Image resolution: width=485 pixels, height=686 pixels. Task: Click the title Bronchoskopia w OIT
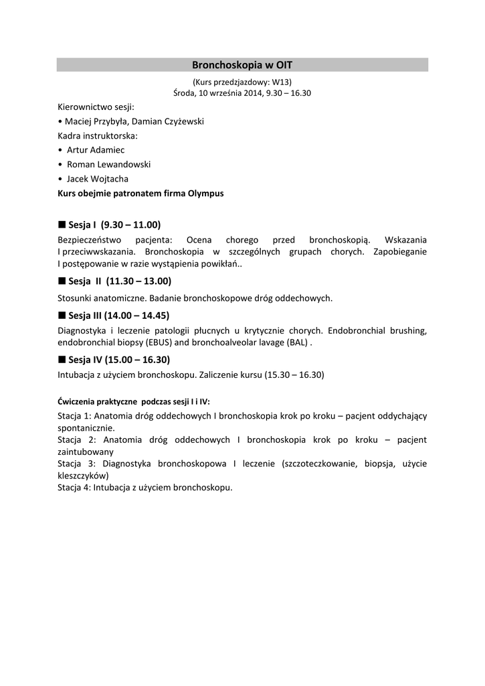(242, 65)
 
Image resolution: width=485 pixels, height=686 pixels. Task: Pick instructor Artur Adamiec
(96, 150)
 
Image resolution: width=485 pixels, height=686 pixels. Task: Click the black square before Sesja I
(62, 224)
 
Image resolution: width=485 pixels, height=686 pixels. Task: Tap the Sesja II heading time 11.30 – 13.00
(138, 281)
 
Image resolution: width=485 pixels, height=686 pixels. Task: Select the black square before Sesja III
(62, 315)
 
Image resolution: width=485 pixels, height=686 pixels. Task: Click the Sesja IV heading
(114, 359)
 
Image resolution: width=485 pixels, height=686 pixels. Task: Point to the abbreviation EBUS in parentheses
(158, 342)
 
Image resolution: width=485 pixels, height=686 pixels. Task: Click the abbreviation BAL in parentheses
(298, 342)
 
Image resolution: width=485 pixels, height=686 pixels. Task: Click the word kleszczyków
(82, 475)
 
